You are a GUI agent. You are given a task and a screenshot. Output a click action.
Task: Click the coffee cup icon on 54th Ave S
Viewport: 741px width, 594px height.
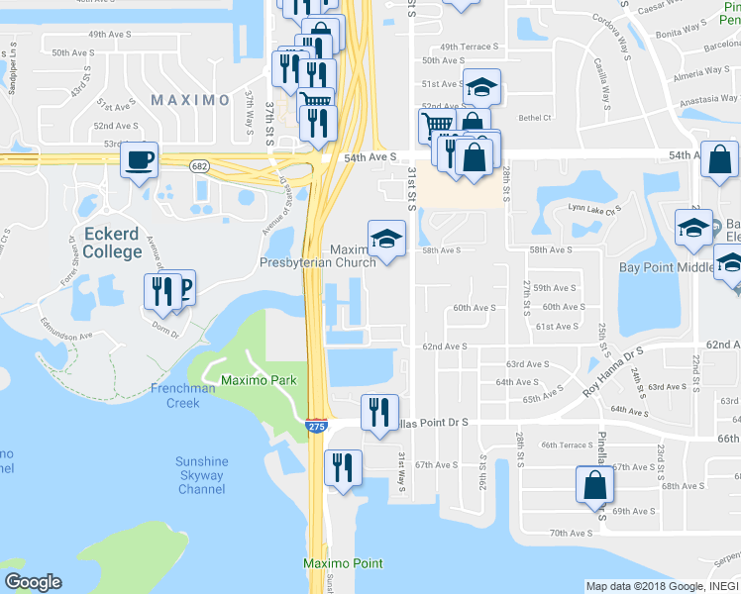140,159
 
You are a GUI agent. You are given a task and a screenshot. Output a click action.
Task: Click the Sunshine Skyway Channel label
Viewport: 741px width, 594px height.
201,475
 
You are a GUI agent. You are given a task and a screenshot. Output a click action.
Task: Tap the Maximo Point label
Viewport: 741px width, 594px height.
343,563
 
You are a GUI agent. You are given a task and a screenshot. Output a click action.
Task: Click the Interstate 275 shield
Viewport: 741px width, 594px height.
315,426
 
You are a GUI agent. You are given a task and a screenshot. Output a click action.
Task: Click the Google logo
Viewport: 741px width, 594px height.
33,582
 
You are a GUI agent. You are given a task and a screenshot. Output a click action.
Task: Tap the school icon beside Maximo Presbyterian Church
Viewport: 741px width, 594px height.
386,238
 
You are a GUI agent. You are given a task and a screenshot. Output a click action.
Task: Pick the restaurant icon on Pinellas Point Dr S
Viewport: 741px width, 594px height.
379,412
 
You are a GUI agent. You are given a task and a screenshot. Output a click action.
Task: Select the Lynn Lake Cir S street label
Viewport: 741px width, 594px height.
593,208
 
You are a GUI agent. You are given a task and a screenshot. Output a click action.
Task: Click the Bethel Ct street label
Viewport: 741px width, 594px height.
534,117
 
